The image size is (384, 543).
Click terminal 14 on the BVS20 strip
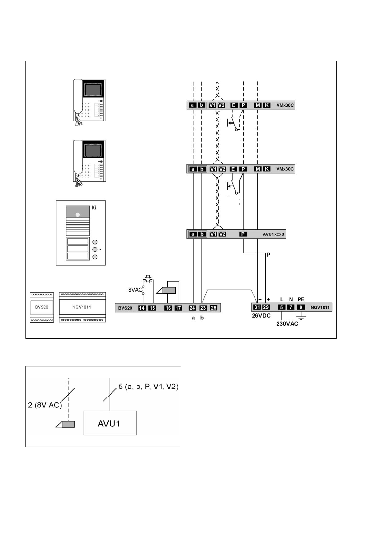pyautogui.click(x=142, y=308)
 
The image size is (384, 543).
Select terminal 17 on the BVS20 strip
pyautogui.click(x=178, y=308)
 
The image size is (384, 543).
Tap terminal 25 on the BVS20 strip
pyautogui.click(x=213, y=308)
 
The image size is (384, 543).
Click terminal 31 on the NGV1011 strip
pyautogui.click(x=257, y=307)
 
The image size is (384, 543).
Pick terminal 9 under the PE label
pyautogui.click(x=301, y=307)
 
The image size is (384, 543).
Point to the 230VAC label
pyautogui.click(x=287, y=324)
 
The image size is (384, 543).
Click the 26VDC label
pyautogui.click(x=261, y=316)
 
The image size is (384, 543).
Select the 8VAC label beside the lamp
pyautogui.click(x=135, y=290)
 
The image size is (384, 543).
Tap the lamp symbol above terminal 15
pyautogui.click(x=148, y=278)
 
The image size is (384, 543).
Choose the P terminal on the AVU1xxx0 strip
pyautogui.click(x=243, y=234)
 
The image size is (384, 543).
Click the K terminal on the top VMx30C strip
pyautogui.click(x=267, y=105)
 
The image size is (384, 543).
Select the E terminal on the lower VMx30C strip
pyautogui.click(x=233, y=169)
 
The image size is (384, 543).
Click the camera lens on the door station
pyautogui.click(x=77, y=214)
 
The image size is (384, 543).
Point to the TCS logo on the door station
pyautogui.click(x=94, y=208)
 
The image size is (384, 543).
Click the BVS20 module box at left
pyautogui.click(x=42, y=307)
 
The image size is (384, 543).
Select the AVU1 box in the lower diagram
pyautogui.click(x=110, y=423)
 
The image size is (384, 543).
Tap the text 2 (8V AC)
pyautogui.click(x=44, y=405)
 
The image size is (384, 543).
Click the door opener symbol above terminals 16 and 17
pyautogui.click(x=166, y=290)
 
